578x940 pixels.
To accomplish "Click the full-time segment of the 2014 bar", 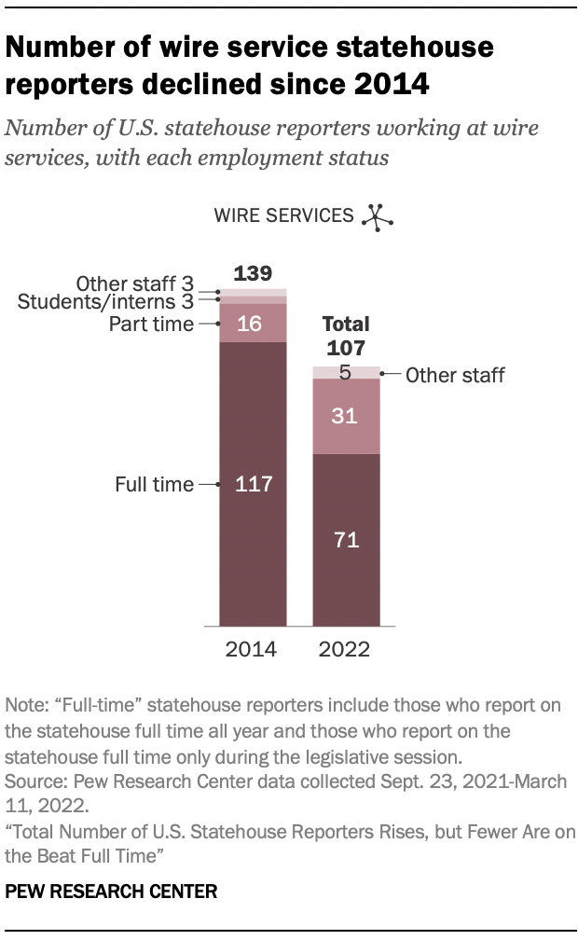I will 252,560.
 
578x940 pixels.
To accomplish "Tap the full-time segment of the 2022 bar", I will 346,578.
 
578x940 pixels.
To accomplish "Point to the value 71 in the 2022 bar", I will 346,540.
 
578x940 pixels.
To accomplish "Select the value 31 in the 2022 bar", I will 346,416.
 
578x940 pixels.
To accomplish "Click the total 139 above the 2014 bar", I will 252,274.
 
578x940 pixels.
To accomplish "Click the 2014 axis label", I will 252,649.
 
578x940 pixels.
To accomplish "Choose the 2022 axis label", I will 346,649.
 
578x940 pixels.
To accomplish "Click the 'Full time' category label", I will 154,485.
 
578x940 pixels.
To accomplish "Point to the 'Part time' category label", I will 151,325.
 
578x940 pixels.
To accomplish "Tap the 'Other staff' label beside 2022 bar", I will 456,376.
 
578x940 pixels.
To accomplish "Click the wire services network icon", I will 376,215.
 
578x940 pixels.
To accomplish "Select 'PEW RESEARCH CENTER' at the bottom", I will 112,892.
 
